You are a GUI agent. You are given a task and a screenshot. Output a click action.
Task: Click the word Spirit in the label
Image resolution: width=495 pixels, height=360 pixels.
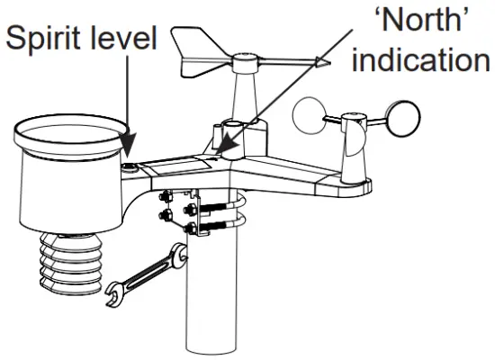pyautogui.click(x=46, y=39)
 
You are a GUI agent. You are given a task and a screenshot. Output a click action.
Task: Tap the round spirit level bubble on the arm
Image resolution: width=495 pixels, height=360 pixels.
pyautogui.click(x=132, y=166)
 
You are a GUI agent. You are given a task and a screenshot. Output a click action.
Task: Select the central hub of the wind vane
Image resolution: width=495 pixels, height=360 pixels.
pyautogui.click(x=244, y=64)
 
